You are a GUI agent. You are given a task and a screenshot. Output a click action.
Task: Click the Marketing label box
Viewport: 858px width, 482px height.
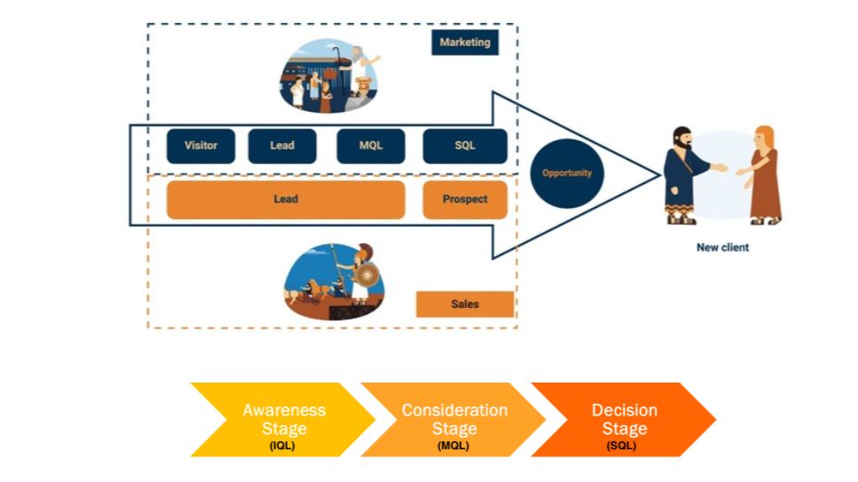tap(465, 42)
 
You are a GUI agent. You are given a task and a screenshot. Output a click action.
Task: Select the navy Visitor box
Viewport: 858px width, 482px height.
tap(201, 146)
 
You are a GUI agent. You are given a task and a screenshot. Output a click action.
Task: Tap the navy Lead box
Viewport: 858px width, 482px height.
tap(282, 146)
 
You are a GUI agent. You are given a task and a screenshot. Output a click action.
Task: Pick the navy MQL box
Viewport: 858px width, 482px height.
tap(370, 146)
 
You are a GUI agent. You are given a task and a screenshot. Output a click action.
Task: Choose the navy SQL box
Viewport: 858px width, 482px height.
tap(465, 146)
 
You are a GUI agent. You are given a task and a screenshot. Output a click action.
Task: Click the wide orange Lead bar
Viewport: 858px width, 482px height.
tap(285, 200)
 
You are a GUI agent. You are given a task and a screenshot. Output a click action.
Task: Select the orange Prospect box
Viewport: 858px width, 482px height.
tap(465, 200)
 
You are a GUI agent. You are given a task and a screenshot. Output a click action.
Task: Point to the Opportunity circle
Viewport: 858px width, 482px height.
tap(567, 173)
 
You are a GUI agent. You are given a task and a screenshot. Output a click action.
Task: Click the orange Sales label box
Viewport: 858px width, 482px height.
tap(465, 304)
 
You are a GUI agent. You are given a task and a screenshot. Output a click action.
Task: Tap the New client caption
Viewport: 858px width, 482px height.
tap(722, 248)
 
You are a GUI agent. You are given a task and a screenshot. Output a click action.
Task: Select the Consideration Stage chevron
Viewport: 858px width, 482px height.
tap(454, 420)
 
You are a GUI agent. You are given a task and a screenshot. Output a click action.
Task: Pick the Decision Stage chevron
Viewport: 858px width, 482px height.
tap(624, 420)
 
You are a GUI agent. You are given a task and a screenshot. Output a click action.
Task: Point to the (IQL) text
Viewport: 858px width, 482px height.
tap(283, 446)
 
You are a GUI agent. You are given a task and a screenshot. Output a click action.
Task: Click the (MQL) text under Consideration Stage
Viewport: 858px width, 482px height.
tap(454, 446)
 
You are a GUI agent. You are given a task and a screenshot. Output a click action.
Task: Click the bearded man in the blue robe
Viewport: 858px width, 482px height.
tap(684, 173)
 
